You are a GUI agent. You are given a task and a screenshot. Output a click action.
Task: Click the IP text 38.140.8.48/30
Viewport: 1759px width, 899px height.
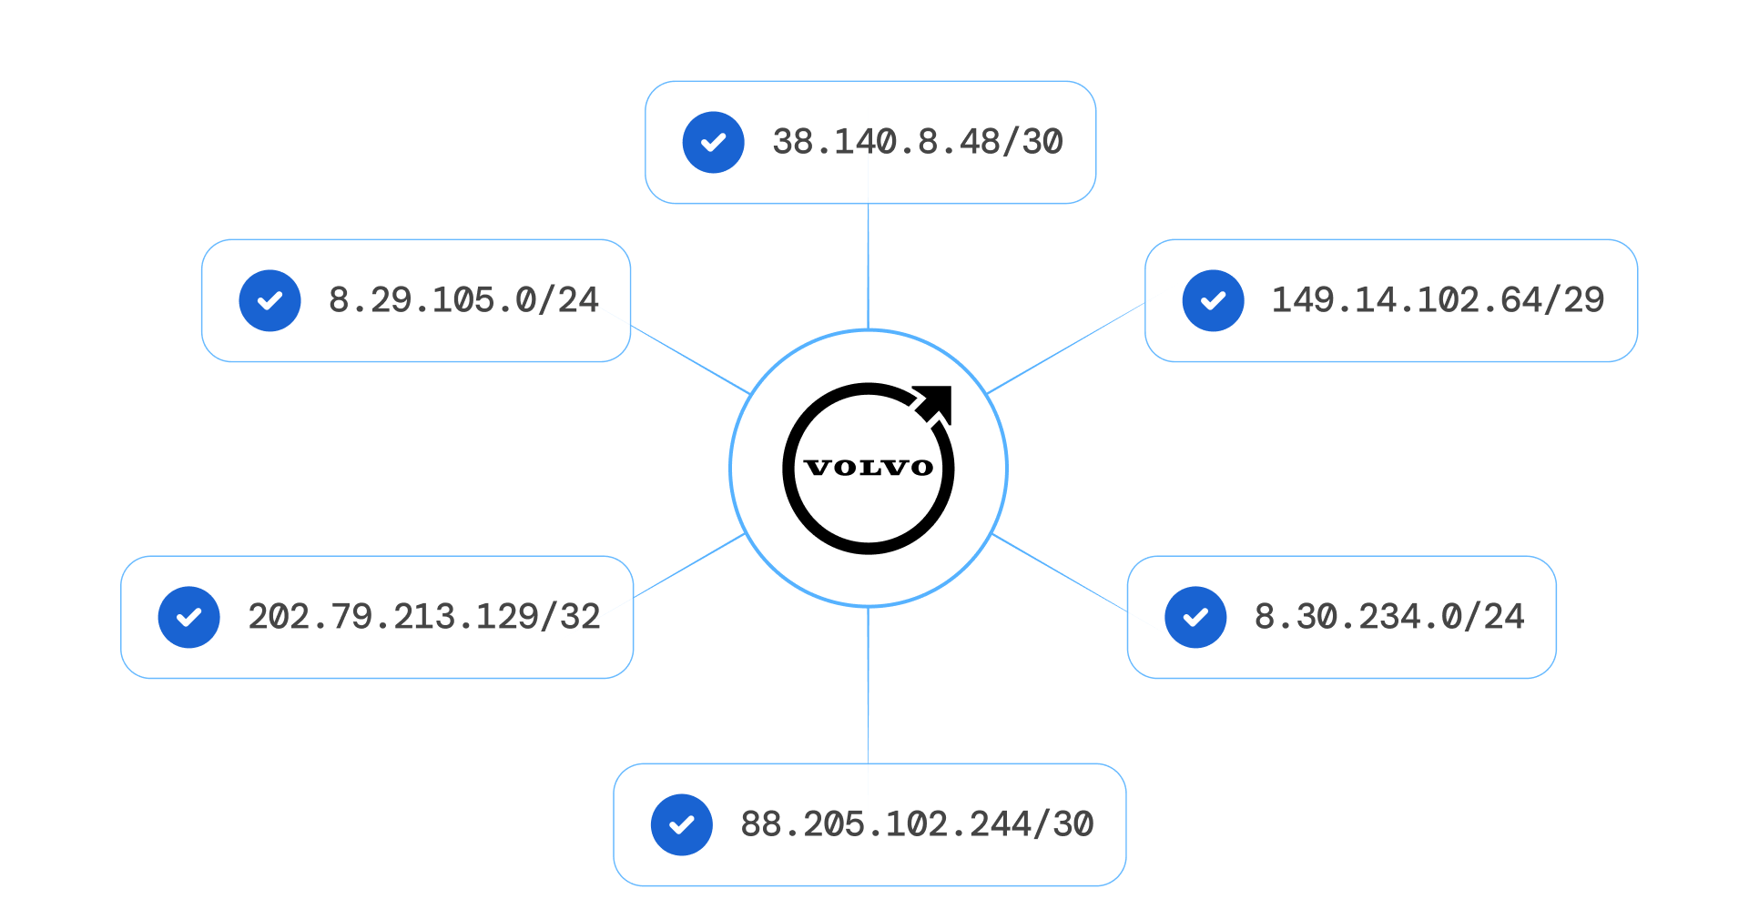point(917,142)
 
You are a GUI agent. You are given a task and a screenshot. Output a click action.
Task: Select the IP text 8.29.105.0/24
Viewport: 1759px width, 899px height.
point(463,300)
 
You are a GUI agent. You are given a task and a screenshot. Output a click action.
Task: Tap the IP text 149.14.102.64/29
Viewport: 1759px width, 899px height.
point(1438,300)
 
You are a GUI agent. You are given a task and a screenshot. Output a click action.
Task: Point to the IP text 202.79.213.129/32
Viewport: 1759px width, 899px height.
point(424,617)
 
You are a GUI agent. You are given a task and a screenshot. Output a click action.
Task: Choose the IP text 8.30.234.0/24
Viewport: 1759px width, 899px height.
point(1389,617)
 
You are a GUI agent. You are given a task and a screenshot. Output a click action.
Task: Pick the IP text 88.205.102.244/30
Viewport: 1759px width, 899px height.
point(917,824)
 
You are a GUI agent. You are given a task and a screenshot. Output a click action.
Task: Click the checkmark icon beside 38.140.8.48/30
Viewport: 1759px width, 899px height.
point(714,143)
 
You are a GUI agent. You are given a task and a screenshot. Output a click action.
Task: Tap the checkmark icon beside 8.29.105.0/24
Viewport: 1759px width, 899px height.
point(270,301)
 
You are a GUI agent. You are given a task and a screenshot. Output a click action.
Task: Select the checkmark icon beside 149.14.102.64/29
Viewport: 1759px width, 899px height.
point(1214,301)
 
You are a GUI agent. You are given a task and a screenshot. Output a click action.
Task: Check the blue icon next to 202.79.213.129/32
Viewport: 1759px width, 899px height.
point(189,617)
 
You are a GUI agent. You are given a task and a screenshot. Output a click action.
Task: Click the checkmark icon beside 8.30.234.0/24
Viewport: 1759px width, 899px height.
point(1196,617)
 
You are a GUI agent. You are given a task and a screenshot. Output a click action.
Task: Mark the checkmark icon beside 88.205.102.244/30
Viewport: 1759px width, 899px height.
point(682,825)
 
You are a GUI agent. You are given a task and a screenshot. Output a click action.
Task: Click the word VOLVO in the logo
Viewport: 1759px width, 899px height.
point(869,468)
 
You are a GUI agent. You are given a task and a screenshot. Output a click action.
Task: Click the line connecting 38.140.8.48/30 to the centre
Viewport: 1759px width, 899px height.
point(869,266)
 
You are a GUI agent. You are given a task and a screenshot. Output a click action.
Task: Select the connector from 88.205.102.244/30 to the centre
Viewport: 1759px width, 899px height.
point(869,684)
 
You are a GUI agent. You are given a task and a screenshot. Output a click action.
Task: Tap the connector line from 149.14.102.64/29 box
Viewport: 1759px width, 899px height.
point(1066,348)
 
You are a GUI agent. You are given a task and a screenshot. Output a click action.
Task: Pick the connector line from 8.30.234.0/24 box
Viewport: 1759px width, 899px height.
point(1060,572)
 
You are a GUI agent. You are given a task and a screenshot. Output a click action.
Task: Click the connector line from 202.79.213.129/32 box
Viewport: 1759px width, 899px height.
point(689,566)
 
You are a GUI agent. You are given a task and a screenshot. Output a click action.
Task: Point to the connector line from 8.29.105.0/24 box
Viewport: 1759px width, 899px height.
point(689,359)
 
